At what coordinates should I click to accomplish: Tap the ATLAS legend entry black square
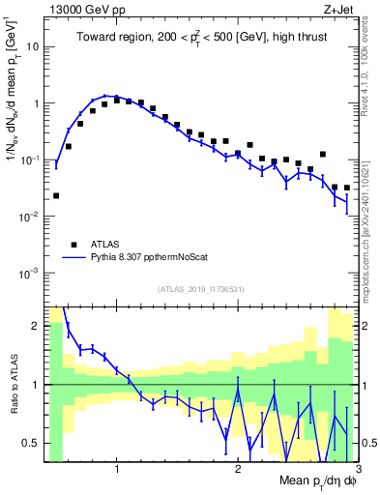pyautogui.click(x=73, y=245)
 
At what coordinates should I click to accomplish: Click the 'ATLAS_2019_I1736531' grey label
pyautogui.click(x=201, y=289)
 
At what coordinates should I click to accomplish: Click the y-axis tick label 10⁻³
pyautogui.click(x=31, y=274)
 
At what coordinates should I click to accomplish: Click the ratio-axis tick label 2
pyautogui.click(x=36, y=325)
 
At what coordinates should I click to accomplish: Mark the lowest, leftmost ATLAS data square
pyautogui.click(x=56, y=195)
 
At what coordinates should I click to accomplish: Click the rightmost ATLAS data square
pyautogui.click(x=346, y=188)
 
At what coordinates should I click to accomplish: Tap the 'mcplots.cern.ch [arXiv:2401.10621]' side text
pyautogui.click(x=370, y=218)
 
